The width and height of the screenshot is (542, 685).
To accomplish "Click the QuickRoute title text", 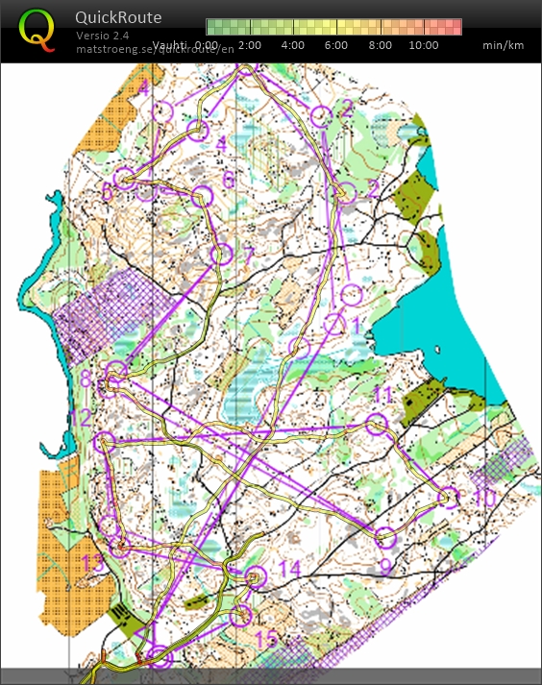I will click(118, 17).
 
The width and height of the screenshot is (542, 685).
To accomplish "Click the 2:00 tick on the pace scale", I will click(250, 45).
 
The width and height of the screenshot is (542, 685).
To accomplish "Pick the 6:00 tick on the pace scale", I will click(337, 45).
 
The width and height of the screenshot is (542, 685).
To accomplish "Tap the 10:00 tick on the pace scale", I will click(423, 45).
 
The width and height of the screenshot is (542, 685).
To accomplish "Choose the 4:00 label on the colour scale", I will click(294, 45).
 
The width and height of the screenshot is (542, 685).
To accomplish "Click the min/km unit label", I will click(505, 45).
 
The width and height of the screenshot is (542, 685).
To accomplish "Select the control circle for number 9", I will click(385, 537).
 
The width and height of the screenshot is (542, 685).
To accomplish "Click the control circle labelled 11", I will click(377, 424).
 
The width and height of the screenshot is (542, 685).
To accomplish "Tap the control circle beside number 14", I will click(255, 577).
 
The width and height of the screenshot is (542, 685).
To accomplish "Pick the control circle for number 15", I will click(241, 615).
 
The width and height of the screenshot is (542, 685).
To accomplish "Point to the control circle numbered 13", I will click(119, 547).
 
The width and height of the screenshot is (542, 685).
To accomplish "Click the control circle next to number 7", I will click(221, 255).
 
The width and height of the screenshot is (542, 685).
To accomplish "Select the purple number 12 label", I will click(81, 418).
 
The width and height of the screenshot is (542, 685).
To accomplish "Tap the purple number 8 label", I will click(86, 379).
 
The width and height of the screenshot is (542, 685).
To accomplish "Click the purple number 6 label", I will click(228, 180).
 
